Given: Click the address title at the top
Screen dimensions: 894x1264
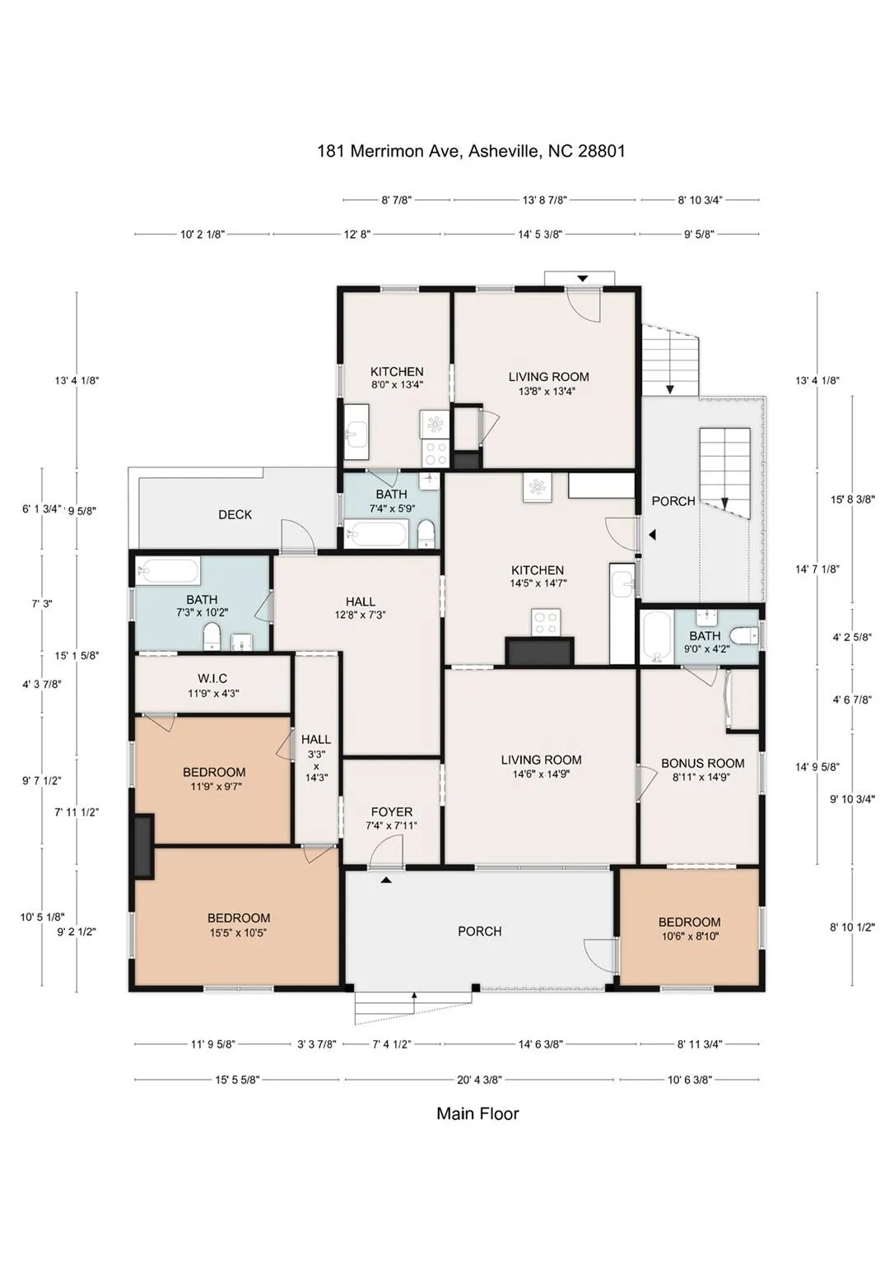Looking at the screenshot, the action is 471,151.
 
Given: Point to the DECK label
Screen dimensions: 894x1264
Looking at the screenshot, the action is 235,514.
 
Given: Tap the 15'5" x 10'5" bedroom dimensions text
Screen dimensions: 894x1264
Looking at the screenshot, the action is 238,932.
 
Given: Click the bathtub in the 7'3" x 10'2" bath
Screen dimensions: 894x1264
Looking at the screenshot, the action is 169,570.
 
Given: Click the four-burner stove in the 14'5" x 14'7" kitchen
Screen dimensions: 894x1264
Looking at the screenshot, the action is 546,622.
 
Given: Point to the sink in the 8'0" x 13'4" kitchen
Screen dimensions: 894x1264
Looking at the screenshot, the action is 356,433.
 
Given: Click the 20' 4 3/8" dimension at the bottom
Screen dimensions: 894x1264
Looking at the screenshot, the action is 478,1080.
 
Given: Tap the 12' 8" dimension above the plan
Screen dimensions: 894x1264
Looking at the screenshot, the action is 357,235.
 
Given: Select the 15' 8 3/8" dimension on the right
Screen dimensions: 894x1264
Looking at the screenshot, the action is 852,499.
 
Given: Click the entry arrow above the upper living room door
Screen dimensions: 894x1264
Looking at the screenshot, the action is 582,279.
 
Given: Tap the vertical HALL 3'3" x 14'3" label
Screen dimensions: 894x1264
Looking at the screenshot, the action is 316,758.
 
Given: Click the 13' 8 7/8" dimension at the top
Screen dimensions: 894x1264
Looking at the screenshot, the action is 545,200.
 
